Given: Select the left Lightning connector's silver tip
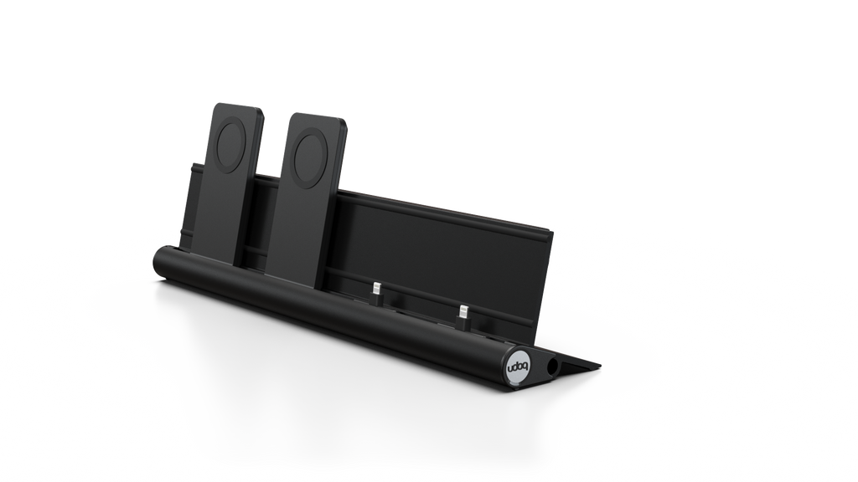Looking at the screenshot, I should pos(376,288).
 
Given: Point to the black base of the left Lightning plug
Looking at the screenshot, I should pos(376,298).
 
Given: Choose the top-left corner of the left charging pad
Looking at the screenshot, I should pos(214,105).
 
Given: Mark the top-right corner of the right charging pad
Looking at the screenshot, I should pos(345,118).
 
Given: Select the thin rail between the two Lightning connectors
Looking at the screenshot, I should pos(419,301).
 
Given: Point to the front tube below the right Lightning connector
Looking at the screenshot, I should pos(457,343).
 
